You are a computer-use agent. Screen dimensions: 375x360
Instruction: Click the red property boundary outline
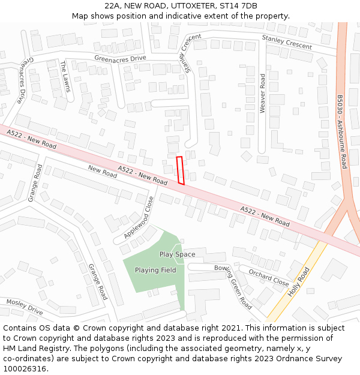click(x=180, y=170)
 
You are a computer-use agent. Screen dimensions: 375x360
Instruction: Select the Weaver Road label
click(x=262, y=94)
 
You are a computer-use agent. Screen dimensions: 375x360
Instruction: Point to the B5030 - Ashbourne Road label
click(x=341, y=132)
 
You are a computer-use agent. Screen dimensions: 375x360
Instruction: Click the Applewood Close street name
click(x=139, y=217)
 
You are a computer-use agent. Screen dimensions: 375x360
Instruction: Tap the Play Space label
click(x=177, y=254)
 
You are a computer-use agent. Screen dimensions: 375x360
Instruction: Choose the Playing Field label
click(x=155, y=271)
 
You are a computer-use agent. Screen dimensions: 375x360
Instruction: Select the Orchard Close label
click(x=269, y=278)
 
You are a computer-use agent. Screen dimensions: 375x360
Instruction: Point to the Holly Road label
click(x=298, y=282)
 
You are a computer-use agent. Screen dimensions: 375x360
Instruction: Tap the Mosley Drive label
click(x=25, y=307)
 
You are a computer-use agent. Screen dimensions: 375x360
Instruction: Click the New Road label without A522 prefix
click(x=102, y=172)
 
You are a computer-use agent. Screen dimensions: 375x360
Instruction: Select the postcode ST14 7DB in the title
click(x=239, y=6)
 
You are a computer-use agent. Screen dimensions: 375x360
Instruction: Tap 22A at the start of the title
click(x=113, y=6)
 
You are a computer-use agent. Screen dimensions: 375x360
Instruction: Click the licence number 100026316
click(x=25, y=368)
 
